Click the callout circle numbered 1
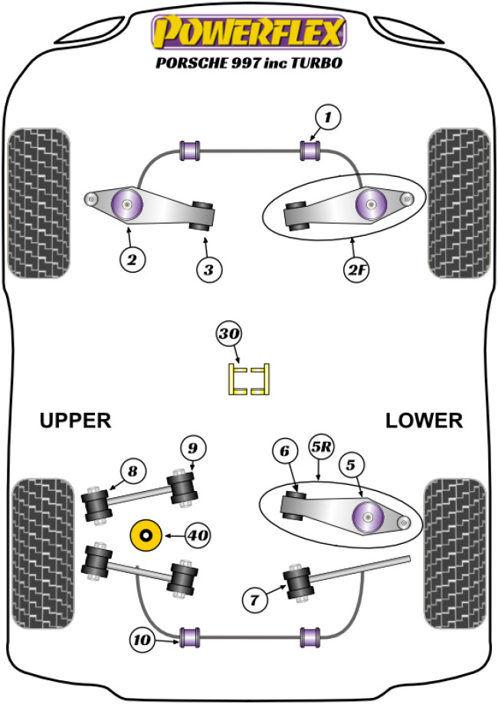[x=327, y=117]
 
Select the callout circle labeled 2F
[x=355, y=269]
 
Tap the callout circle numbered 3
[x=208, y=269]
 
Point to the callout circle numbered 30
[x=229, y=334]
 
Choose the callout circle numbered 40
[x=197, y=535]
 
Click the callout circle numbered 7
[x=254, y=599]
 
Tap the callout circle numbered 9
[x=193, y=447]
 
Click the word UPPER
[x=76, y=421]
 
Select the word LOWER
[x=424, y=421]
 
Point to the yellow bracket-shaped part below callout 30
[x=250, y=379]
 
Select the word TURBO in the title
[x=315, y=64]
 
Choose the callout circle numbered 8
[x=132, y=472]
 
